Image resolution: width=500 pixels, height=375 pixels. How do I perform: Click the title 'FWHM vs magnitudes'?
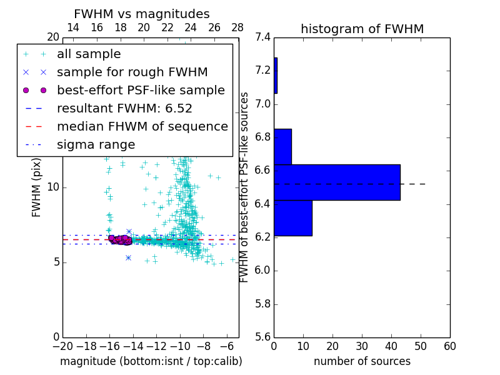coord(142,14)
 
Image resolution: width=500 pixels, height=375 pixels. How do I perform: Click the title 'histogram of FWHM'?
coord(362,29)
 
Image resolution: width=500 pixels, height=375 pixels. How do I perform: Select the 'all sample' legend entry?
coord(89,54)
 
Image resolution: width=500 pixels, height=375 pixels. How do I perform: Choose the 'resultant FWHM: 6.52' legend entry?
coord(124,109)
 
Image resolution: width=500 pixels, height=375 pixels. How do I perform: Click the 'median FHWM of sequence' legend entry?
coord(142,127)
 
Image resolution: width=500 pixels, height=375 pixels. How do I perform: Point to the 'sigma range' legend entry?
coord(96,145)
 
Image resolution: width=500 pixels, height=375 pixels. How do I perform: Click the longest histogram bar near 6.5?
coord(337,182)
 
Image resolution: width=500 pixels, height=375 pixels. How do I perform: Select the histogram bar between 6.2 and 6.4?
coord(292,218)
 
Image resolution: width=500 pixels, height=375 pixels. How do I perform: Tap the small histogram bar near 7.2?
coord(276,76)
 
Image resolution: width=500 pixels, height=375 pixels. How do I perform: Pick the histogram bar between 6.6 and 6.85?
coord(282,147)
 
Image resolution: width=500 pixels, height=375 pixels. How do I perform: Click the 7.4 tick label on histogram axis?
coord(262,37)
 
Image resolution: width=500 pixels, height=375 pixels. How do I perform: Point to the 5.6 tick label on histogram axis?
coord(262,337)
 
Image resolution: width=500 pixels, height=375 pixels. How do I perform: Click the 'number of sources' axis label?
coord(362,361)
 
